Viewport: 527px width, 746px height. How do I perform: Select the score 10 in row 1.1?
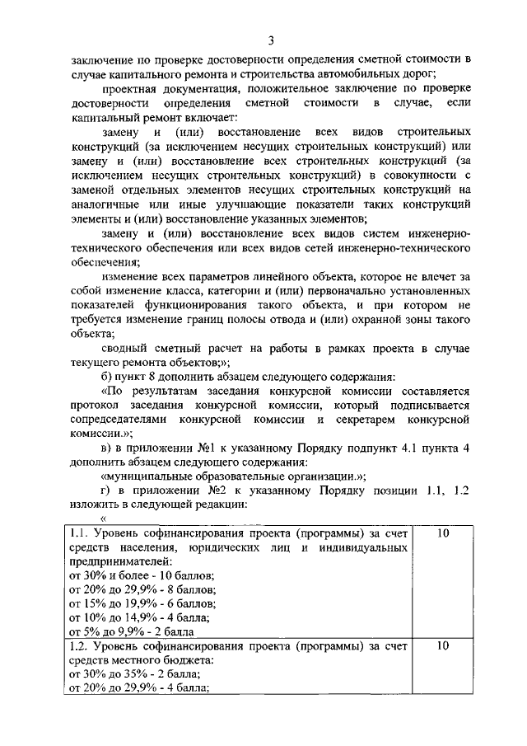click(x=442, y=533)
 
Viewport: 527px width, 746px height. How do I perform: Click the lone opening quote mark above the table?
click(x=104, y=518)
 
